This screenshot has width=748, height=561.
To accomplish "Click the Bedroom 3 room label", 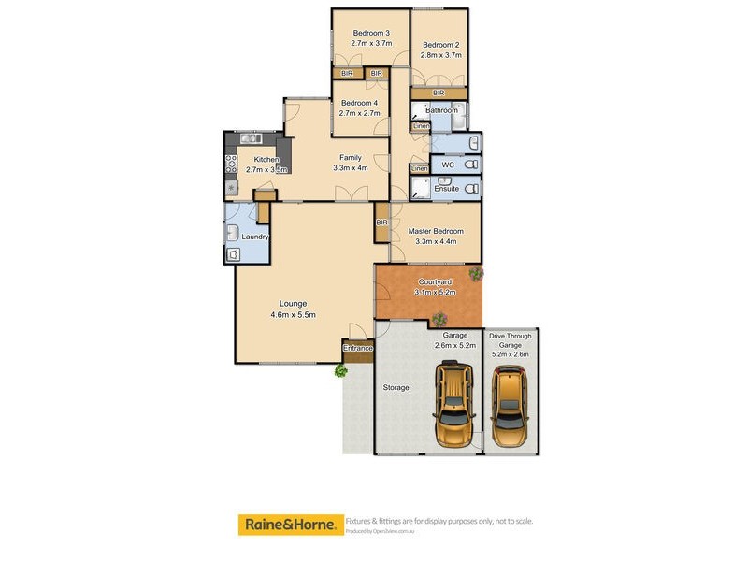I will (x=371, y=33).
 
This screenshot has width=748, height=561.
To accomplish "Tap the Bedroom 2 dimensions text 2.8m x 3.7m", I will (x=440, y=56).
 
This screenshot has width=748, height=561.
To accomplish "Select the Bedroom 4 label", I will (x=359, y=103).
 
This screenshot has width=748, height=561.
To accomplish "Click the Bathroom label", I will (x=442, y=110).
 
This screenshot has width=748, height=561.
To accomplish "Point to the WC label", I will (x=447, y=165).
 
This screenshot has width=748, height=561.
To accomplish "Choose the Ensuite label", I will (x=447, y=189).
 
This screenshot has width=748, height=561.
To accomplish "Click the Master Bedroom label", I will (x=435, y=231).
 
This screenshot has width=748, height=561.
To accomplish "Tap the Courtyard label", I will (x=434, y=281).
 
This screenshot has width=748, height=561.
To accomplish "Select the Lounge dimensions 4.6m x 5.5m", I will (x=293, y=314).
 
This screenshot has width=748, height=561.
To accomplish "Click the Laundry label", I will (x=255, y=237).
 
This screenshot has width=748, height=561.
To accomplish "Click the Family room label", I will (x=351, y=157).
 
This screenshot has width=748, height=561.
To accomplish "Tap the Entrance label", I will (x=358, y=349).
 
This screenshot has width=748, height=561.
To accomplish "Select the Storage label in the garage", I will (x=396, y=387).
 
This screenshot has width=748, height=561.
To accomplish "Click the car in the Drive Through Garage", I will (x=510, y=408).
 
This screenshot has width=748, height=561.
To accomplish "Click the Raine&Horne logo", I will (x=289, y=525).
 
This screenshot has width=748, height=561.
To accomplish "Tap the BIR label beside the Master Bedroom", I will (x=381, y=223).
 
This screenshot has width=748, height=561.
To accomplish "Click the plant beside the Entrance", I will (x=341, y=370).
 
